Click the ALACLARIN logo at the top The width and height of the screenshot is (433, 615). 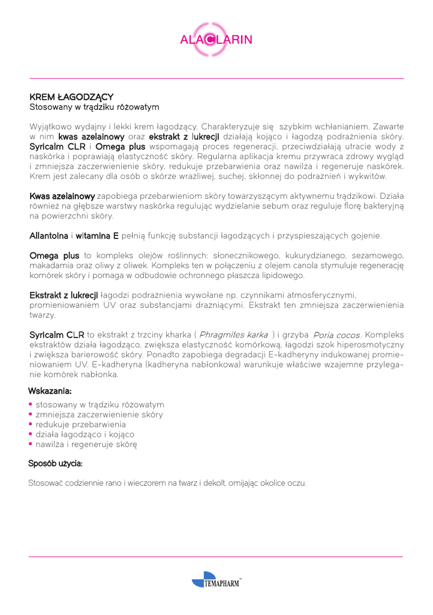point(216,40)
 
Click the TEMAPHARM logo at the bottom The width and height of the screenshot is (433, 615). point(216,582)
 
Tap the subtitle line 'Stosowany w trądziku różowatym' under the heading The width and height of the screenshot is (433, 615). point(94,107)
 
